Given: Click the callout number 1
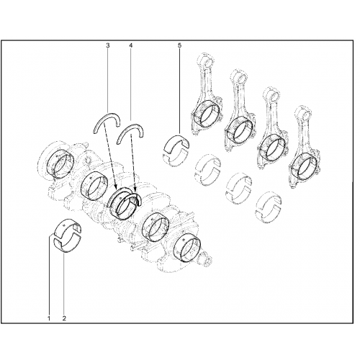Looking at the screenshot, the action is (x=49, y=318).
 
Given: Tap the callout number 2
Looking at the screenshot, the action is (x=64, y=318).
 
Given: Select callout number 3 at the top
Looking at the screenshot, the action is (x=108, y=45).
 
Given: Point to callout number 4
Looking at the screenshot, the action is (x=130, y=45).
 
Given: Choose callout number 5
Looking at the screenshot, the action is (x=180, y=45).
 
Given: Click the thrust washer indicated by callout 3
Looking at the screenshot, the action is (x=107, y=115).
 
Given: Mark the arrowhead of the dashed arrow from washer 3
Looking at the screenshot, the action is (x=116, y=187).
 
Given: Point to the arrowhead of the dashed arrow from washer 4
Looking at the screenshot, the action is (x=135, y=190).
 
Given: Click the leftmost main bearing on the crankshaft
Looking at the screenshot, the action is (x=60, y=163).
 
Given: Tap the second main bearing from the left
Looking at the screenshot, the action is (x=94, y=186).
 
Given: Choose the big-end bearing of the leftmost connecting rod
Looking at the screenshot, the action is (x=206, y=114).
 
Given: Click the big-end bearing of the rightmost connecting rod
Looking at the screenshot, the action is (x=305, y=166).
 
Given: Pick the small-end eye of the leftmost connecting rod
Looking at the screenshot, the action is (x=207, y=60).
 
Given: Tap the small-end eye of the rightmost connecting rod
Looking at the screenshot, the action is (x=305, y=112).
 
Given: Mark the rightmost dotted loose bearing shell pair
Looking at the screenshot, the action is (x=269, y=208).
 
